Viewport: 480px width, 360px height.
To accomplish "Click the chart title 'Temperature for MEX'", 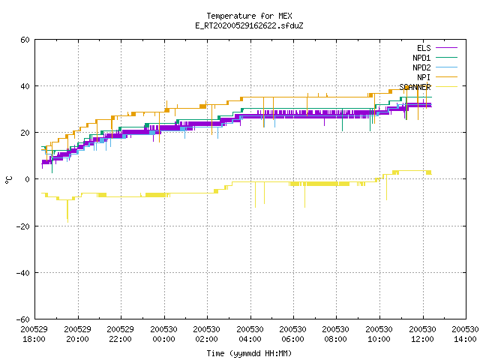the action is [249, 16].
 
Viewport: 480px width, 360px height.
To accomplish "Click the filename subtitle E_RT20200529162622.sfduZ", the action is [249, 25].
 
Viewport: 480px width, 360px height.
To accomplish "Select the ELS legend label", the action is [424, 48].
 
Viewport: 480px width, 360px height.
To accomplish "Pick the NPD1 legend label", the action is [421, 58].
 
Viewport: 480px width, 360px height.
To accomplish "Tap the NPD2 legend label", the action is [421, 67].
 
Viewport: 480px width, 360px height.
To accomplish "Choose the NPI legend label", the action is [424, 77].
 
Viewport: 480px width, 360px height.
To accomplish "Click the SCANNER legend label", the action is [415, 87].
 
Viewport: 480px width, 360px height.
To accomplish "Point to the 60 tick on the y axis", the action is [25, 40].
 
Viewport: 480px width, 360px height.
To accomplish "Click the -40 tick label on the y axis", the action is [23, 273].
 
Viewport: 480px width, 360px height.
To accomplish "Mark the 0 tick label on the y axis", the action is [27, 179].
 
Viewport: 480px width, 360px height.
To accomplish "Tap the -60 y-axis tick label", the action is [23, 319].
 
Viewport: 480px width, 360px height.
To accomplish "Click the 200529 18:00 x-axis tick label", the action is [34, 334].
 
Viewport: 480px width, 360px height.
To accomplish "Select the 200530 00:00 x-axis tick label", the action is [163, 334].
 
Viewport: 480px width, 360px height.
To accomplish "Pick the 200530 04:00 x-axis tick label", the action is [250, 334].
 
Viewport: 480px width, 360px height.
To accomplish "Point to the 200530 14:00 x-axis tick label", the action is [465, 334].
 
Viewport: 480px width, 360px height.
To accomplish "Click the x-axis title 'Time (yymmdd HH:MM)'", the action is [249, 353].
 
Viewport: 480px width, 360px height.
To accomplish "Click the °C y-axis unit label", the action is [8, 180].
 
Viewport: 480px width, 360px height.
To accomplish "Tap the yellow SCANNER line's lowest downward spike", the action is [67, 222].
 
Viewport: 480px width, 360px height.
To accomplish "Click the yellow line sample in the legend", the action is [447, 87].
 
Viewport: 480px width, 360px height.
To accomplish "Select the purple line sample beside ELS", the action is [447, 48].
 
